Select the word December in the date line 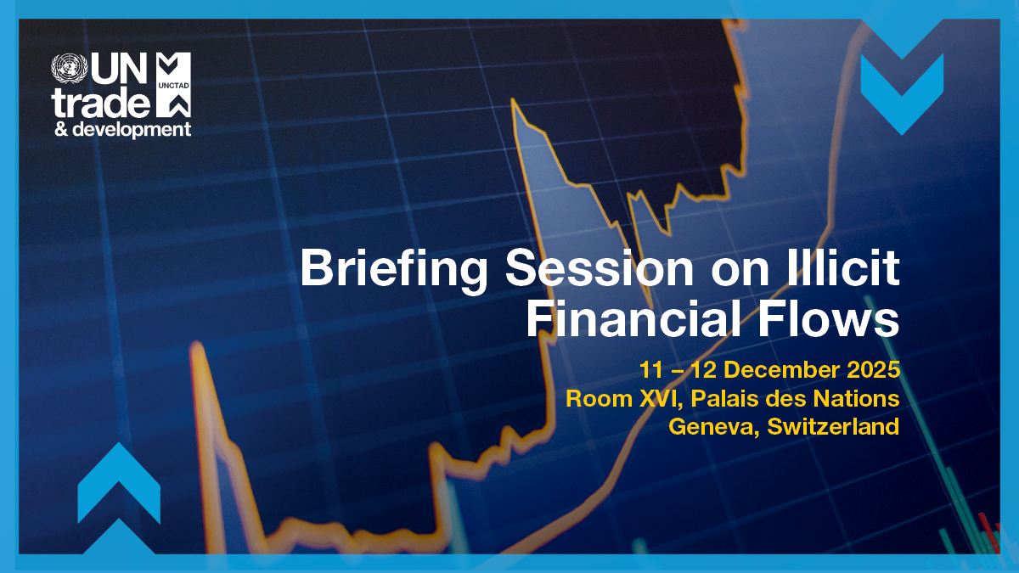tap(774, 371)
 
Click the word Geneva tap(712, 425)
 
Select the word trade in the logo tap(100, 103)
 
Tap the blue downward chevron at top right tap(902, 88)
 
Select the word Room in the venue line tap(594, 398)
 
